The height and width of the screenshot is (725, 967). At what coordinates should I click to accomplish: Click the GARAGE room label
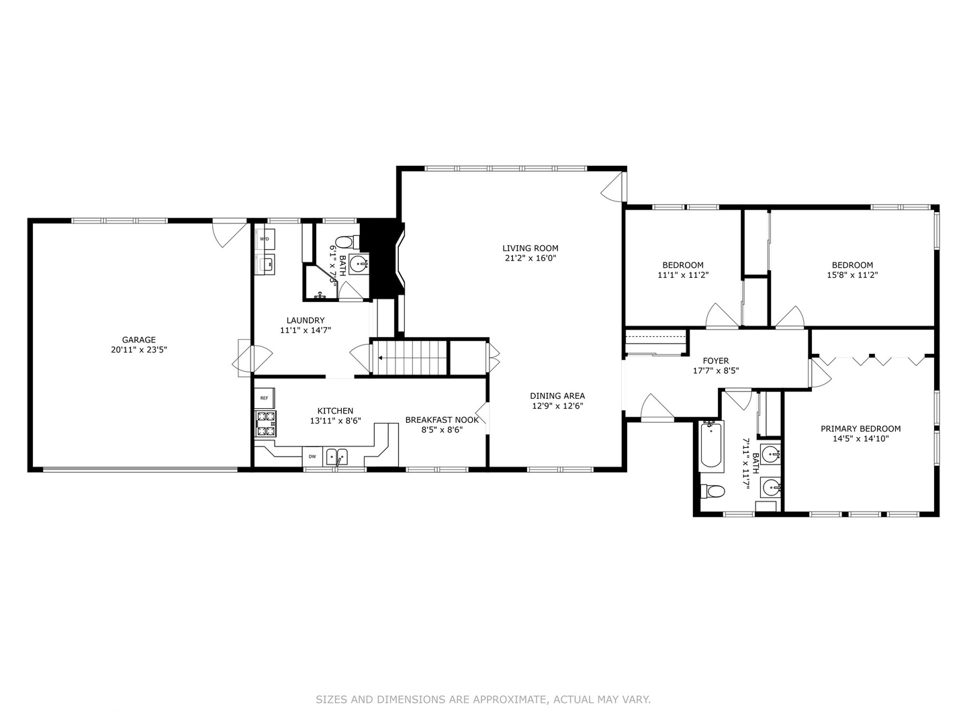pos(138,340)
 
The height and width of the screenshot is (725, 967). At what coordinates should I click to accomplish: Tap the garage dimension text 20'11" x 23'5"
pos(138,350)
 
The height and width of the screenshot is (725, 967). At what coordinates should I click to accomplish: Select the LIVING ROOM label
pos(530,248)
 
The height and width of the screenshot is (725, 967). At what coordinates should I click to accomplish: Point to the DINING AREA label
pos(557,396)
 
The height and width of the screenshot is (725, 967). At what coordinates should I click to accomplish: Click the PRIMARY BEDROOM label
pos(860,429)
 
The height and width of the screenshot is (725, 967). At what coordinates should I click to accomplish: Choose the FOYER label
pos(715,361)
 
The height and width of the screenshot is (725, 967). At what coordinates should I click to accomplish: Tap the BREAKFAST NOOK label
pos(442,420)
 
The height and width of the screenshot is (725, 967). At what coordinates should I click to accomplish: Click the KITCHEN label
pos(335,411)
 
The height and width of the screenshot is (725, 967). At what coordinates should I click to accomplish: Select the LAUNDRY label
pos(305,320)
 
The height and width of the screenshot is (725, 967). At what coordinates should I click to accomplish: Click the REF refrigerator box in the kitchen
pos(264,398)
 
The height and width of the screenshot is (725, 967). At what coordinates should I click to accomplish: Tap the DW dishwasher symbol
pos(312,456)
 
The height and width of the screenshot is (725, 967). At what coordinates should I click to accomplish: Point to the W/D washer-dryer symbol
pos(265,239)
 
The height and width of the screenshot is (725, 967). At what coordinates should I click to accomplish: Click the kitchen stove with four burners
pos(265,424)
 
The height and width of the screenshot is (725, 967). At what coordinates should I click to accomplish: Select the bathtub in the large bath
pos(710,446)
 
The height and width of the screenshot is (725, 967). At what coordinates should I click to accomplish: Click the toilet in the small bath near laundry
pos(344,242)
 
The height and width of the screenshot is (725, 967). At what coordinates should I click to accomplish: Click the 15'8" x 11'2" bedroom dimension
pos(851,275)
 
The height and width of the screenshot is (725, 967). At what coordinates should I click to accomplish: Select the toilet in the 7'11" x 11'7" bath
pos(712,491)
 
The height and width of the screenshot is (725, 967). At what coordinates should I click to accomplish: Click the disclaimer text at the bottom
pos(483,699)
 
